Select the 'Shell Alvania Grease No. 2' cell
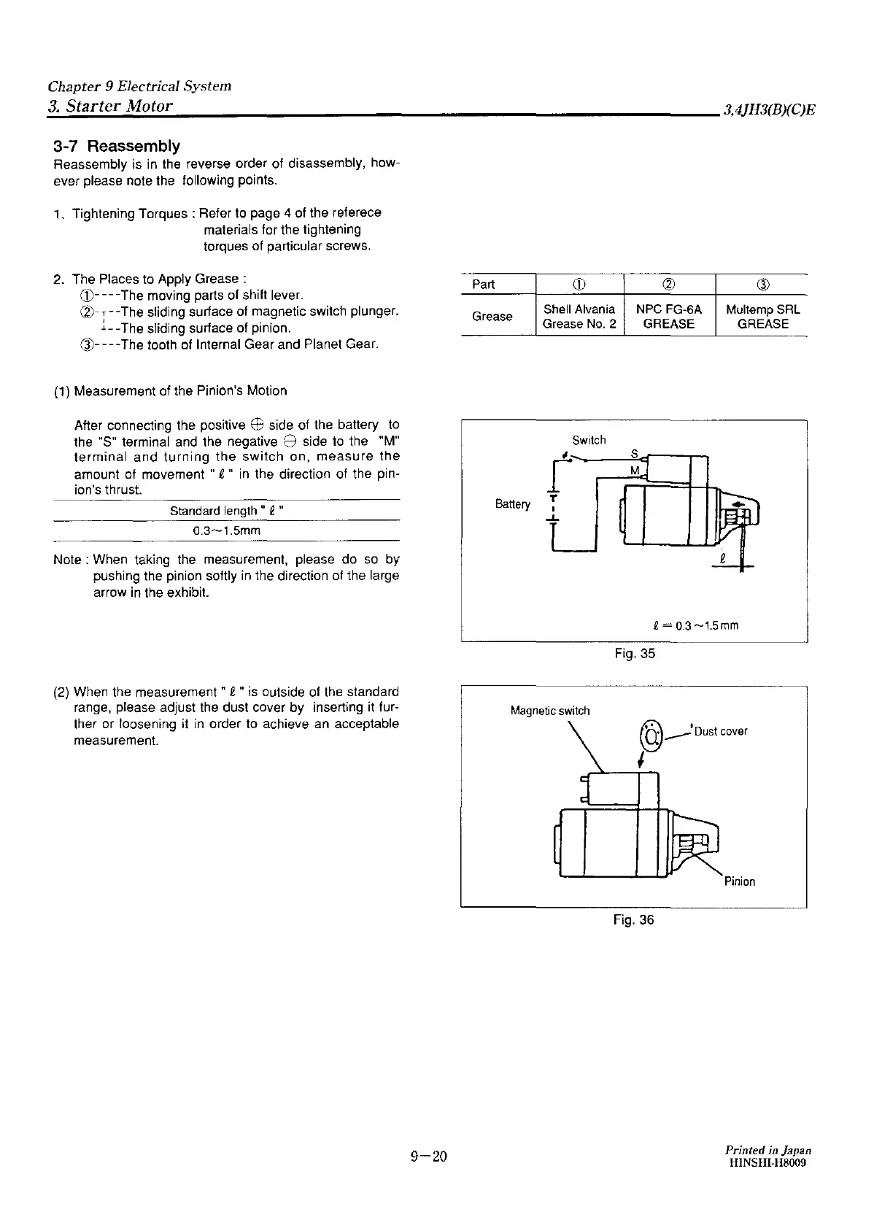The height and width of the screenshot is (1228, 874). (579, 317)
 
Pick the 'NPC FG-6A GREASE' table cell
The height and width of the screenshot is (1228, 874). (669, 317)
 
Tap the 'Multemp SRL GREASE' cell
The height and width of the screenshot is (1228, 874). (762, 317)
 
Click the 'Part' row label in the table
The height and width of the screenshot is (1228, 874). (484, 285)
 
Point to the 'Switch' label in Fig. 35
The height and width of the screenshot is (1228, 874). (589, 440)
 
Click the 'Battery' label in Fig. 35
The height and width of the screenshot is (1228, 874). (512, 504)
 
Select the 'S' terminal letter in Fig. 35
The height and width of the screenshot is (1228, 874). (634, 454)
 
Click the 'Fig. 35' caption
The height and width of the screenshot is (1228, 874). (635, 654)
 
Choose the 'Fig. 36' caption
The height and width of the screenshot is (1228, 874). (634, 920)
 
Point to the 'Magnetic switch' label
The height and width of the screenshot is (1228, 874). (550, 711)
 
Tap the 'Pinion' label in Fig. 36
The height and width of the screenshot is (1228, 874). (740, 881)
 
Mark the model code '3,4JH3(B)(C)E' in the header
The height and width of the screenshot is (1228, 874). (769, 110)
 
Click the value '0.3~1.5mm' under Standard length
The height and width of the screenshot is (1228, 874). (226, 530)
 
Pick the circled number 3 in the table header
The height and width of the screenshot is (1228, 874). (762, 285)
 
